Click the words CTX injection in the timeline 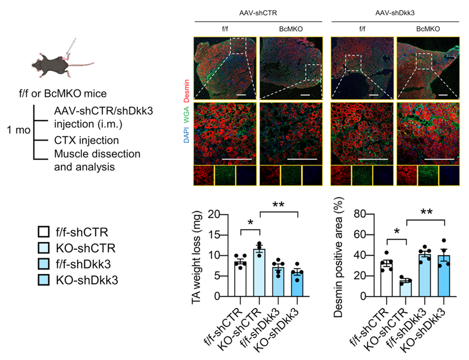coord(86,141)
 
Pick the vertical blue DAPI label coord(188,135)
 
